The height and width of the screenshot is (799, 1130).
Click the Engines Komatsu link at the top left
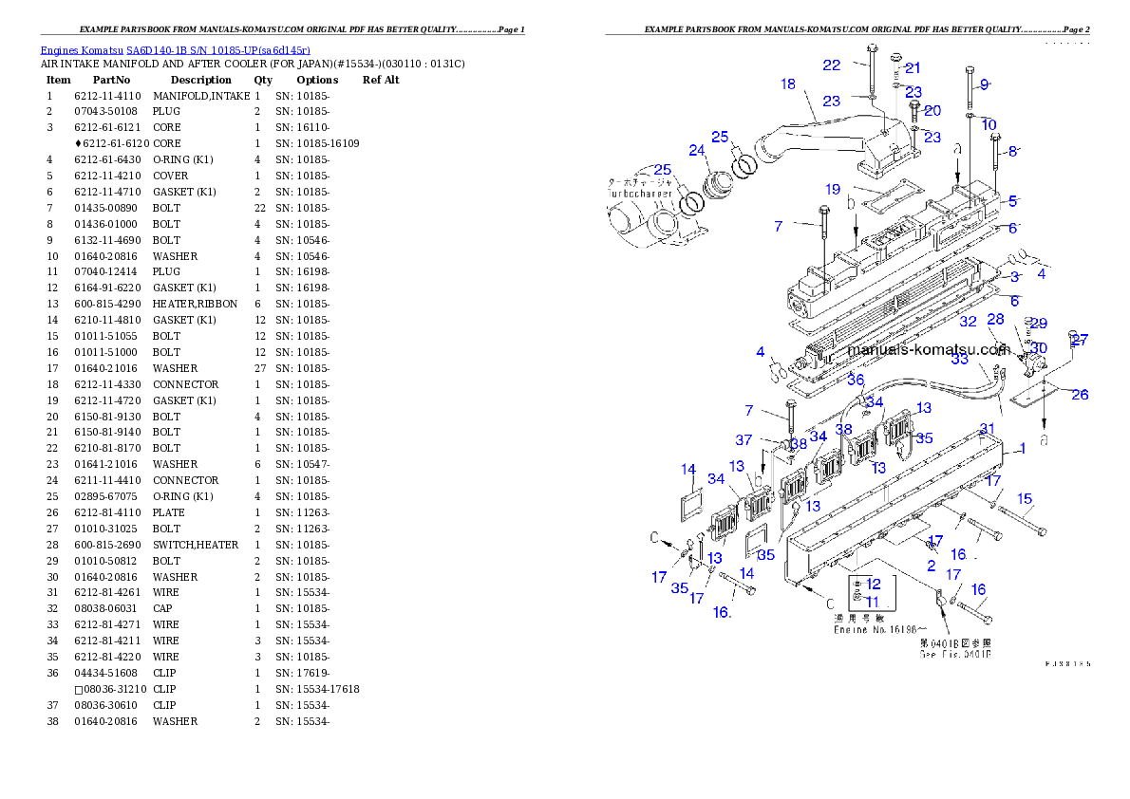(175, 49)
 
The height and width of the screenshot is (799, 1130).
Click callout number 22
(832, 65)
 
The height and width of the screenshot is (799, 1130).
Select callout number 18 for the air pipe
(788, 84)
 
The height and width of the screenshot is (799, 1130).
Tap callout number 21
(913, 67)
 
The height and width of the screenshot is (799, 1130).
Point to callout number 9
(985, 84)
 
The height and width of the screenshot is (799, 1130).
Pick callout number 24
(698, 150)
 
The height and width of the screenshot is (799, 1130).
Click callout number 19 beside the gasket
(833, 190)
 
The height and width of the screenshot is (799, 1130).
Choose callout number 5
(1013, 201)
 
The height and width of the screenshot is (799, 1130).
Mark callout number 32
(968, 323)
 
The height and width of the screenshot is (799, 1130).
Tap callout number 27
(1080, 340)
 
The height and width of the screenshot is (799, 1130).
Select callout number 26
(1080, 395)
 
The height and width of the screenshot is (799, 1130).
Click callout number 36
(856, 380)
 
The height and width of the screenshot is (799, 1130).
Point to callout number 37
(744, 440)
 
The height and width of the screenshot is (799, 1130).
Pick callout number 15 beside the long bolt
(1025, 498)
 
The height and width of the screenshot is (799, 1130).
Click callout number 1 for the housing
(1022, 449)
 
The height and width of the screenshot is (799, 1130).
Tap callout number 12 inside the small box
(873, 584)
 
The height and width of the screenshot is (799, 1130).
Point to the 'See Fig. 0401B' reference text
(954, 655)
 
